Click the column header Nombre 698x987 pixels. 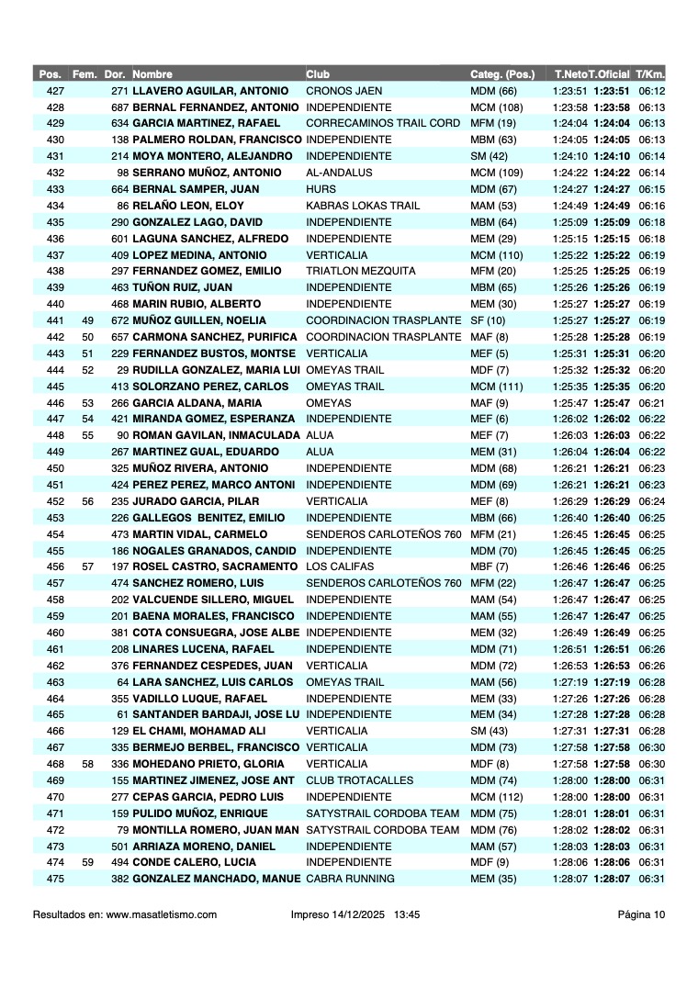(152, 73)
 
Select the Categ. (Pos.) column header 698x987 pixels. (502, 73)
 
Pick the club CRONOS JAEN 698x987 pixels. (343, 91)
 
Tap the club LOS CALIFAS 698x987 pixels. (338, 566)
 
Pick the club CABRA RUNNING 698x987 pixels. (350, 879)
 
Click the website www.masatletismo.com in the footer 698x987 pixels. (162, 914)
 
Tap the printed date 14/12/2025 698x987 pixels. (365, 914)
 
